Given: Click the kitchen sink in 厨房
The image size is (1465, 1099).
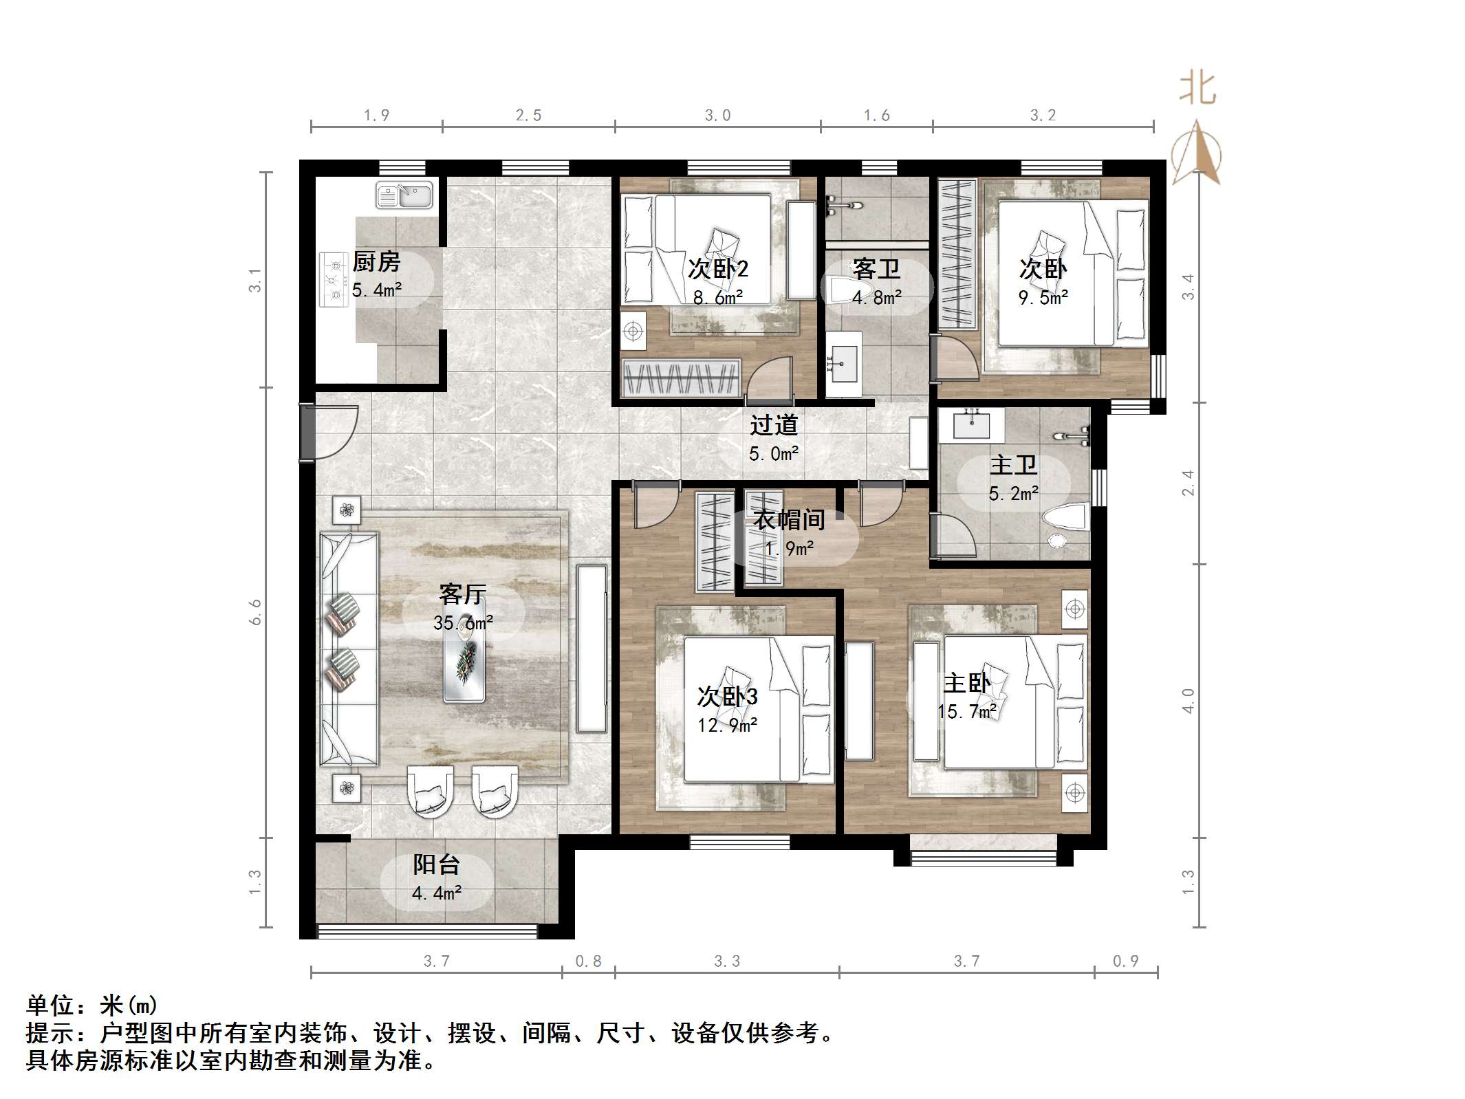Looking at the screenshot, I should click(404, 195).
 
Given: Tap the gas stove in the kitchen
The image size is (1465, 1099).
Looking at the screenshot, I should click(334, 279).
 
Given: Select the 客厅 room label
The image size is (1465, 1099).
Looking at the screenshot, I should click(462, 594).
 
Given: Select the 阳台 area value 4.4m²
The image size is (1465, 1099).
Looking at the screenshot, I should click(436, 893).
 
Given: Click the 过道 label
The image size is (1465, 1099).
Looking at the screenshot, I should click(774, 425).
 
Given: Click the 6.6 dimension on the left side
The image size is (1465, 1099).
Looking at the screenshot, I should click(256, 611).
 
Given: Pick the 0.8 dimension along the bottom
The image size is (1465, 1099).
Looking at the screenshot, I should click(588, 961).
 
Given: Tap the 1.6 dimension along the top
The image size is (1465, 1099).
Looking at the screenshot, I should click(876, 116).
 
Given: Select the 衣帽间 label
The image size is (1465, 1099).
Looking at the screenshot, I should click(789, 520).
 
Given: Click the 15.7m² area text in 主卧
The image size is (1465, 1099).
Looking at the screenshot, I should click(967, 712).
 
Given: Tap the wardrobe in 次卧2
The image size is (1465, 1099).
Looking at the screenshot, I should click(681, 378).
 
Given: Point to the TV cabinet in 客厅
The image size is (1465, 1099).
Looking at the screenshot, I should click(592, 649).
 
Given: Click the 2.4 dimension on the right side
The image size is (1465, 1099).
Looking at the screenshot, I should click(1188, 483).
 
